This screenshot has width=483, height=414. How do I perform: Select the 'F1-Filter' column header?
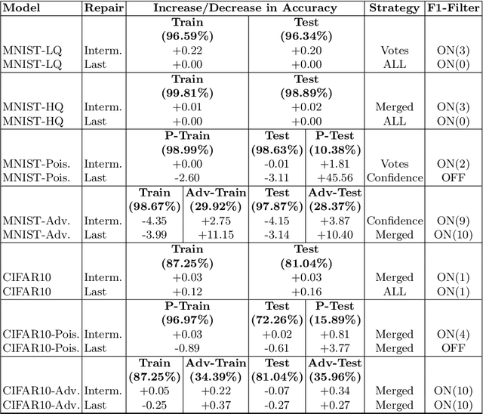454,8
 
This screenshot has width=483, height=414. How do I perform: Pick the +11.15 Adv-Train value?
215,236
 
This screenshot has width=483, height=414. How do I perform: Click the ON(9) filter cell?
454,221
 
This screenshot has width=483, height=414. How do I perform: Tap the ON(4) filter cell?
454,334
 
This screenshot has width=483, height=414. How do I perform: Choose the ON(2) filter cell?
454,163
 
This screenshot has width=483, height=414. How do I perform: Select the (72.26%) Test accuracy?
276,320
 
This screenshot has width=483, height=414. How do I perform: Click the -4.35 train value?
155,221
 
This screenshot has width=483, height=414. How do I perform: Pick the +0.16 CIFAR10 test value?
306,292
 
